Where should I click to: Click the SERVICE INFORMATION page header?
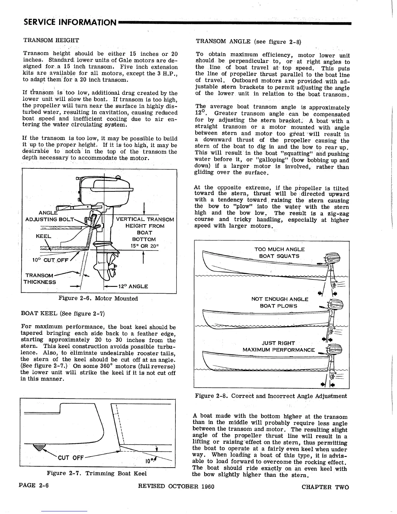point(70,22)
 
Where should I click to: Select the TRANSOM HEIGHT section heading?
point(51,40)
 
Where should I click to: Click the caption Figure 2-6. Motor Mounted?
point(98,299)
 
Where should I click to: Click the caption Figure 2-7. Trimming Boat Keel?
point(97,473)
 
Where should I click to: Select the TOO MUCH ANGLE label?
point(279,249)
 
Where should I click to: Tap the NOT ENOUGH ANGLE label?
point(280,299)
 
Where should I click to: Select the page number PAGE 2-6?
point(34,486)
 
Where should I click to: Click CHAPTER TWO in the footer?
point(325,486)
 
